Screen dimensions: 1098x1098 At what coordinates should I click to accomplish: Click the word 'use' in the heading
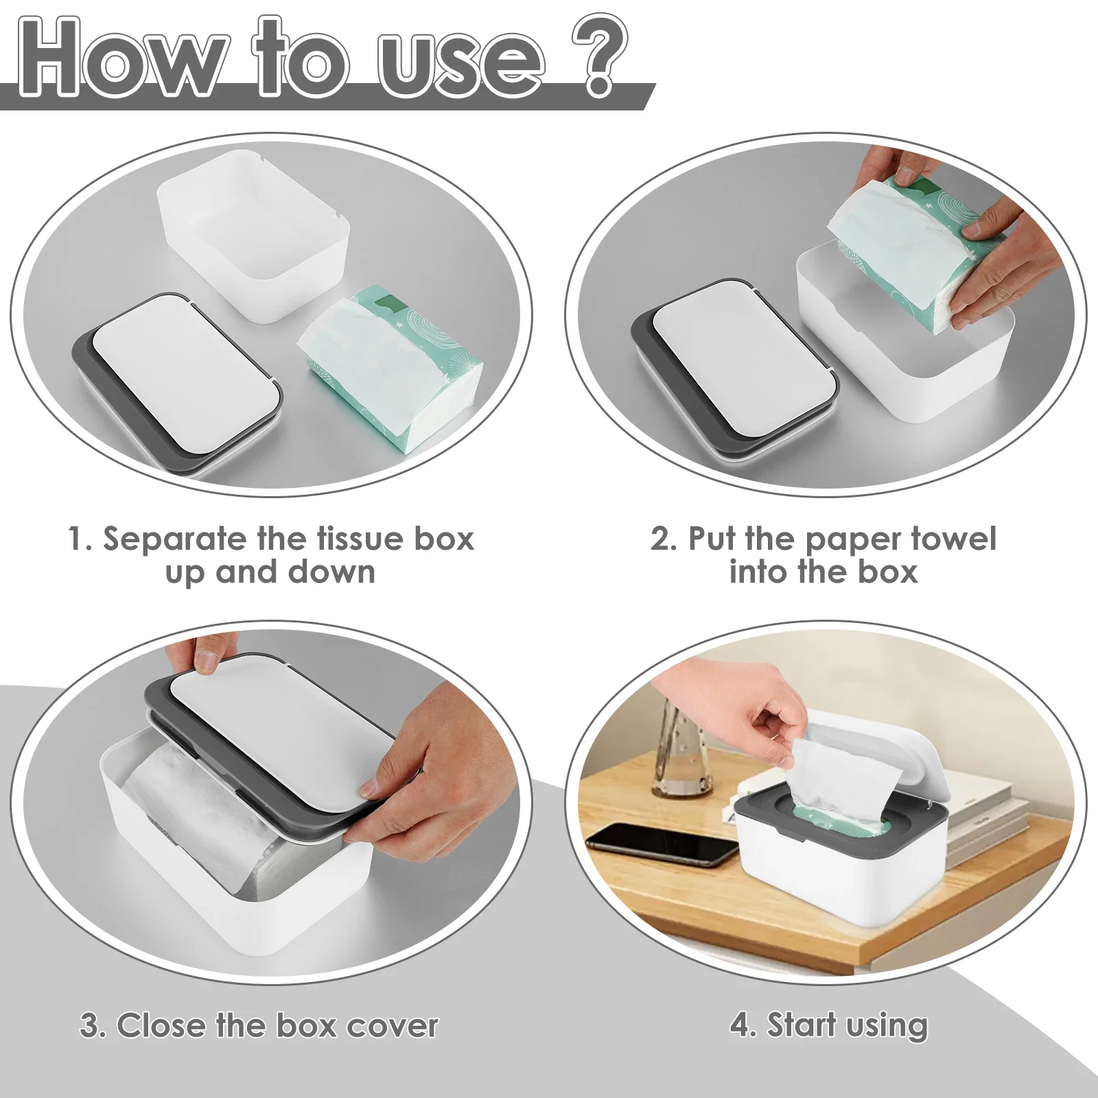[x=461, y=65]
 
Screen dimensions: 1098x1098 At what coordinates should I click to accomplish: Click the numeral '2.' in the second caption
[x=664, y=539]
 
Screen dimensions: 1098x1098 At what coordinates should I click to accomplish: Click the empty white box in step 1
[x=253, y=237]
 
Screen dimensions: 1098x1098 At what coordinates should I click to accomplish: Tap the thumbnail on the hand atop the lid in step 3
[x=207, y=661]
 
